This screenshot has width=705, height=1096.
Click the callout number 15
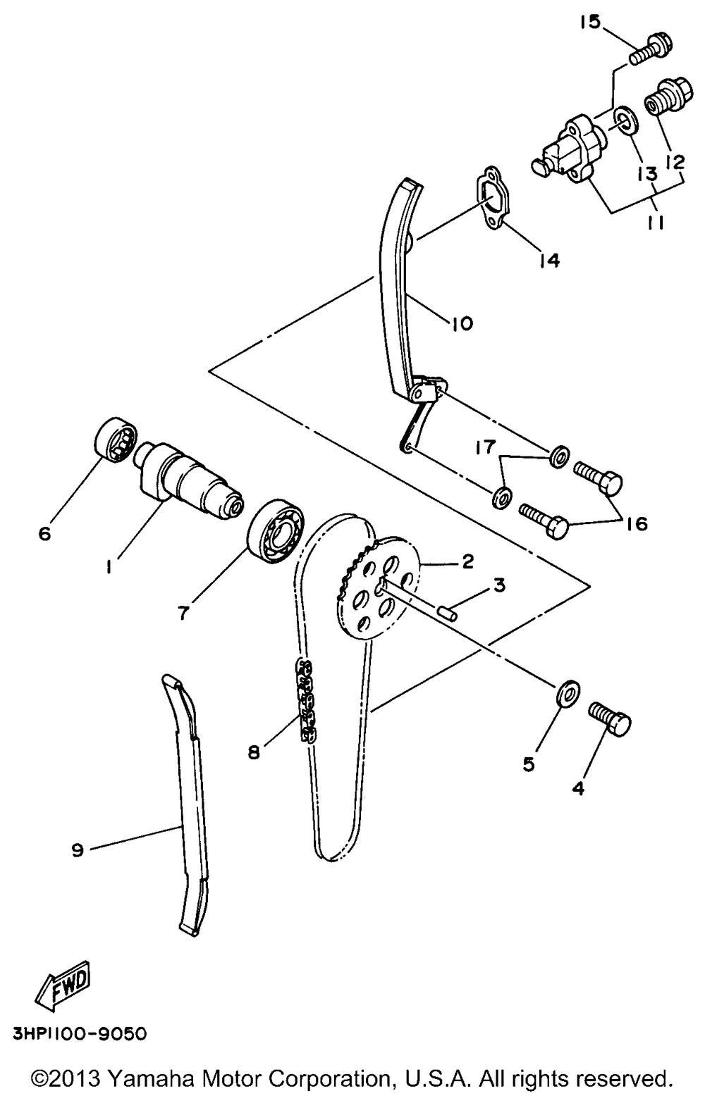tap(590, 23)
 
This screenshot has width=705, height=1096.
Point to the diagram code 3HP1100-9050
tap(79, 1034)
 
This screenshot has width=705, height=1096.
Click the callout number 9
tap(78, 850)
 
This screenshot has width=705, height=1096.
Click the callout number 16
tap(636, 524)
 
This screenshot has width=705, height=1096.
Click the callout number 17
tap(485, 447)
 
